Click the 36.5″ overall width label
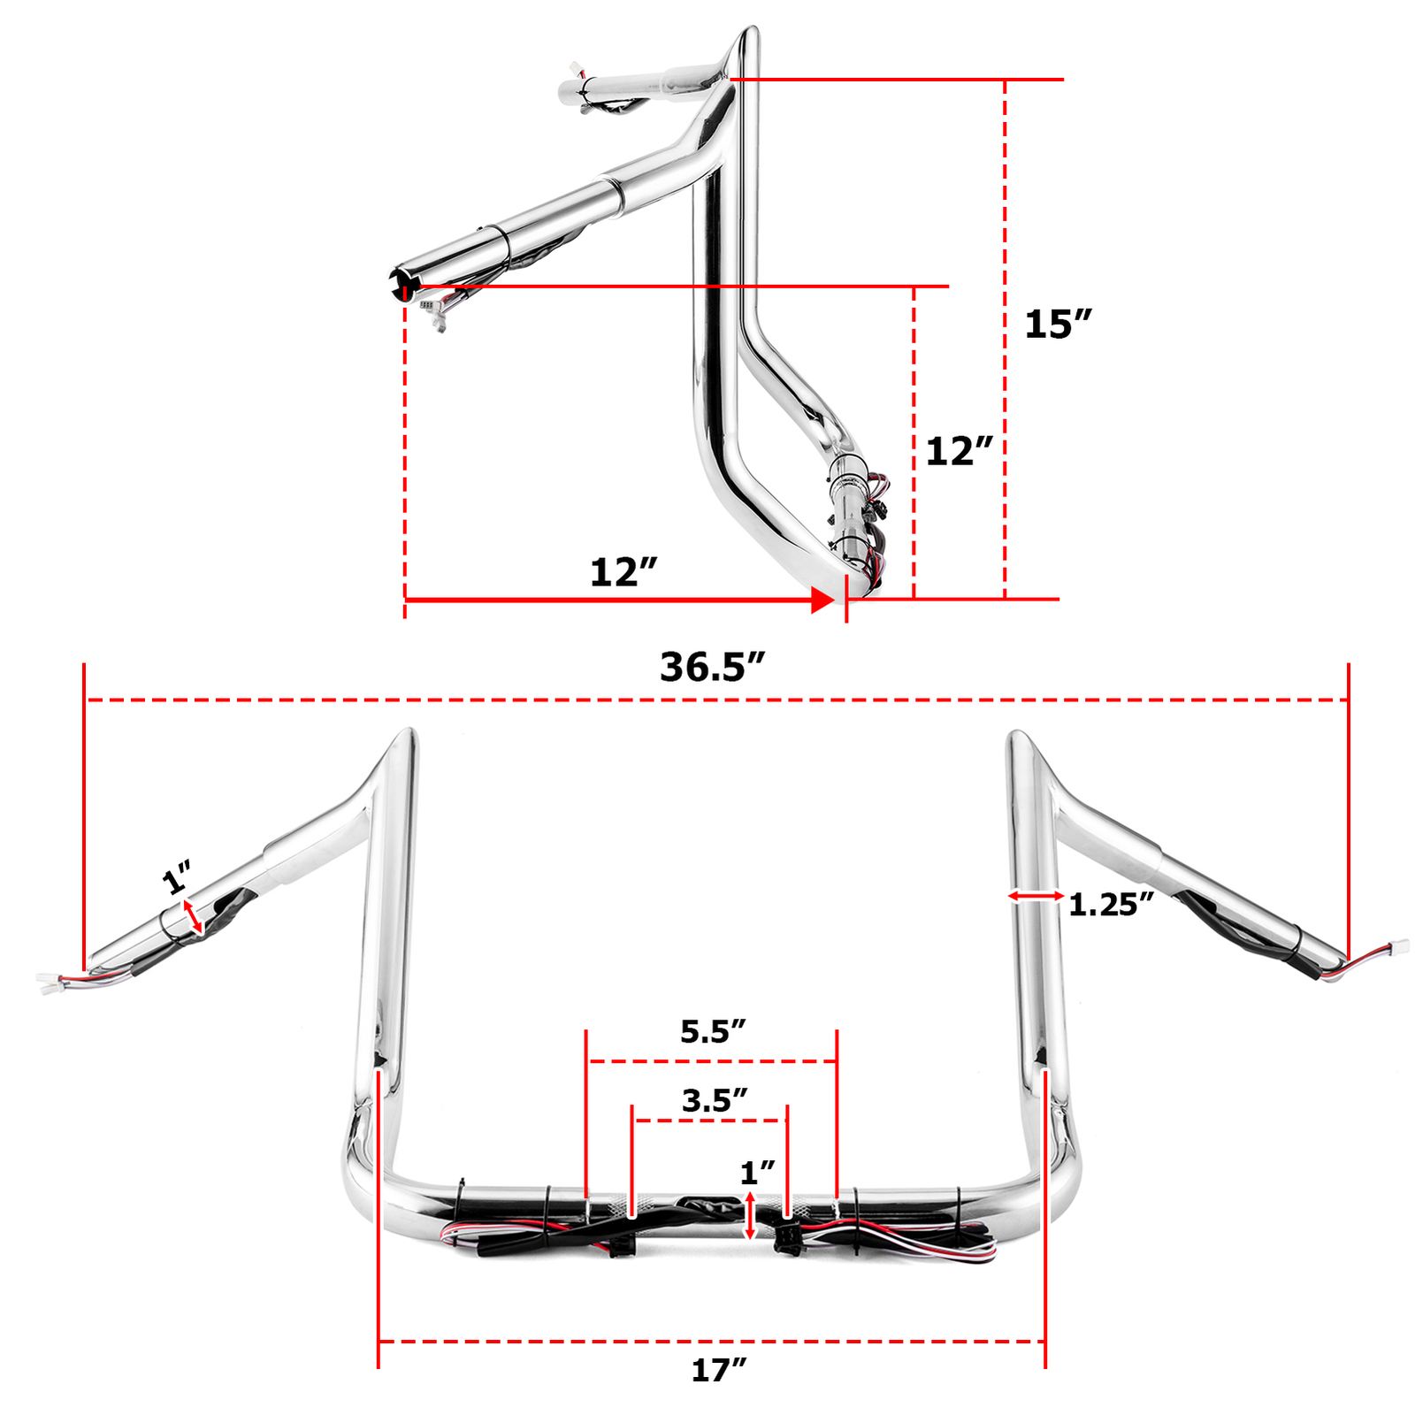point(712,667)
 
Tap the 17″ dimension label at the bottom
point(718,1370)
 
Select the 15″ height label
point(1058,325)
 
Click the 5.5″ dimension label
point(713,1031)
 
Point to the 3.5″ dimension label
point(715,1100)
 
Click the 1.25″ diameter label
point(1111,905)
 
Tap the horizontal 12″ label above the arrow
point(623,572)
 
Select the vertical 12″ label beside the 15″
point(960,451)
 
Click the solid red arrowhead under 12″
point(822,600)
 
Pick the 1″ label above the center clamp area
point(757,1173)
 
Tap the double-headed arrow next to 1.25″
point(1036,896)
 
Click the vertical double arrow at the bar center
point(751,1216)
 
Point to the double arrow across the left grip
point(193,917)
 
